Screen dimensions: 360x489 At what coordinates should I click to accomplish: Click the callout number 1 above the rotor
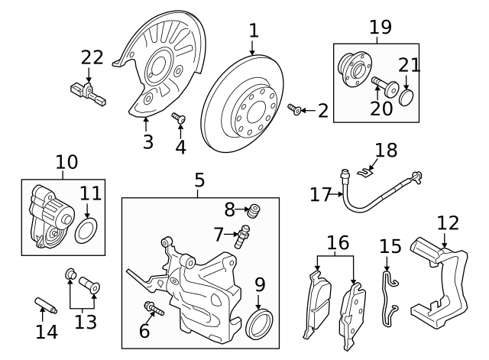point(254,31)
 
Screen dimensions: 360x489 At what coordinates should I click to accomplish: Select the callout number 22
point(92,57)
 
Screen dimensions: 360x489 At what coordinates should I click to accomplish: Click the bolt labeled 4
point(180,119)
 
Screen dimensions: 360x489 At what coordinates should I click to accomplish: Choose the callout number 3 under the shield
point(147,141)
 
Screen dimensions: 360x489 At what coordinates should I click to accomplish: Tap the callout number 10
point(67,162)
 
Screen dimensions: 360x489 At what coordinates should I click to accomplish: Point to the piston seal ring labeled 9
point(261,323)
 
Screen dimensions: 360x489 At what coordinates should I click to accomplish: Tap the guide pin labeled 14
point(43,308)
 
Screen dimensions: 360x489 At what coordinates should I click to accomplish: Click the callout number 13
point(85,322)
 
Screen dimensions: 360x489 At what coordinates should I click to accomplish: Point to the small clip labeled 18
point(368,170)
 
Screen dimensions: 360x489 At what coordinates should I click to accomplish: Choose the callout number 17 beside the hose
point(321,195)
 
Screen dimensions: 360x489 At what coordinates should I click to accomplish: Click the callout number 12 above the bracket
point(449,223)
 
